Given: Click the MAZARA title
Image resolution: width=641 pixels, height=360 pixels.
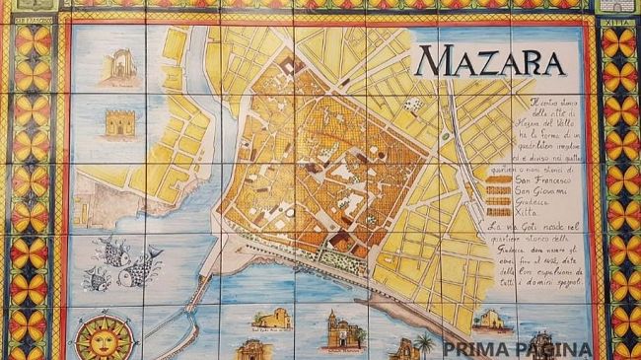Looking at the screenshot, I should point(489,61).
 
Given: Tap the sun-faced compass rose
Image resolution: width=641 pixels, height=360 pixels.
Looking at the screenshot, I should point(105,336).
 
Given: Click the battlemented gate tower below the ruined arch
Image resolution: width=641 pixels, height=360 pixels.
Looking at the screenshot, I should point(121,123).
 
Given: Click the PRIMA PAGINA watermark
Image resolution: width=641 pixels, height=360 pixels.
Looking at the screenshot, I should point(517,349).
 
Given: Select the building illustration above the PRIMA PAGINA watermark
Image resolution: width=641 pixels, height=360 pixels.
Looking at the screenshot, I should point(490,320).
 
